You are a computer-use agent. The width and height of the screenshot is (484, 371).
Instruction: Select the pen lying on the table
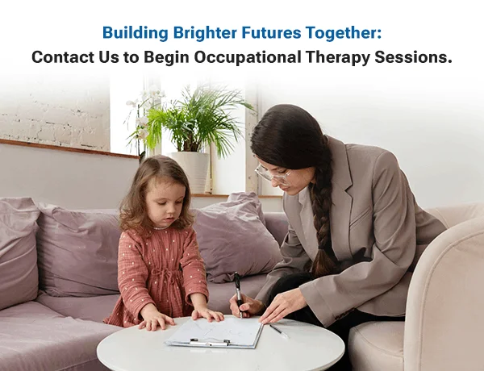[275, 328]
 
